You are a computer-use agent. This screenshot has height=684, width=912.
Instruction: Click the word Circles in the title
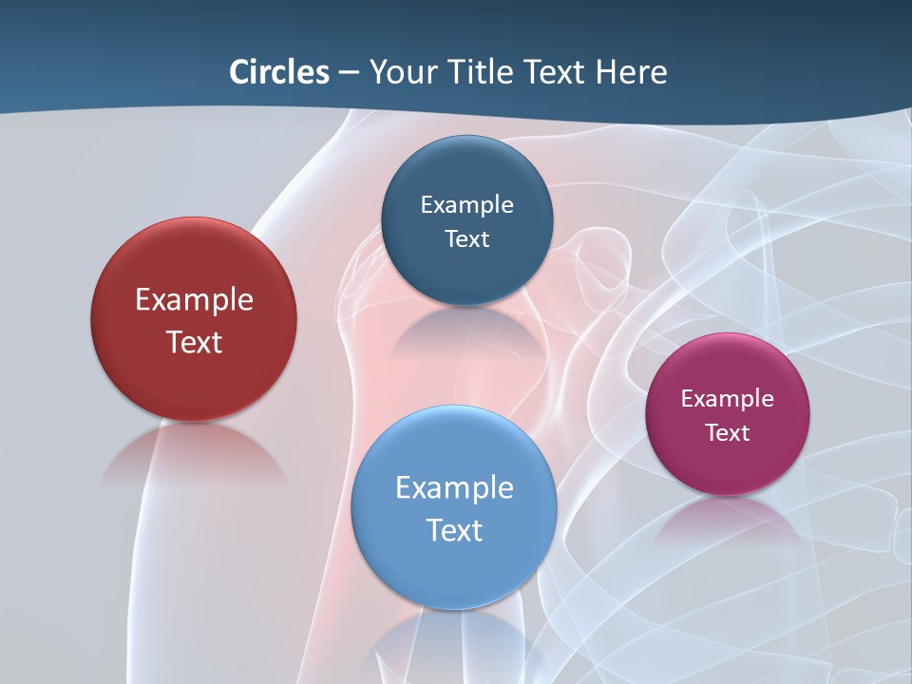[x=278, y=72]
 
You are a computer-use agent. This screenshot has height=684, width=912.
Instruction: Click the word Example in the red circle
[x=194, y=300]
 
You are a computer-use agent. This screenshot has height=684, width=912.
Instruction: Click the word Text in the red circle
[x=194, y=342]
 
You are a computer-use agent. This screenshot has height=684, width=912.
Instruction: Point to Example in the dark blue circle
[x=466, y=205]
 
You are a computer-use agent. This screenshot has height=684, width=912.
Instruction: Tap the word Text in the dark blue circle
[x=466, y=239]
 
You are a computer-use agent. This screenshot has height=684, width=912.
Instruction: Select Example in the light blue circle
[x=454, y=488]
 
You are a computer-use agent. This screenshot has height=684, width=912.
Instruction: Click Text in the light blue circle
[x=454, y=530]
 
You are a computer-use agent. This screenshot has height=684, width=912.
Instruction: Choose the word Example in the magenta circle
[x=728, y=399]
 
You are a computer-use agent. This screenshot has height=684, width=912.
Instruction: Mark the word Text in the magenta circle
[x=728, y=433]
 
